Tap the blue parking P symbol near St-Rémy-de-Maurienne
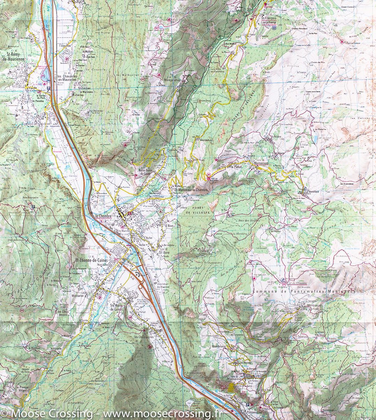(49, 89)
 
